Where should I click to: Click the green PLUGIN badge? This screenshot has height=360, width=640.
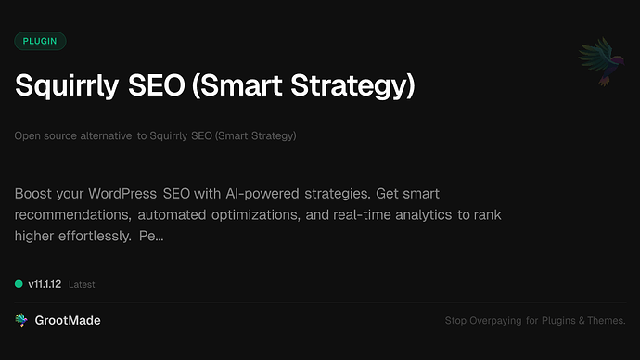pos(41,41)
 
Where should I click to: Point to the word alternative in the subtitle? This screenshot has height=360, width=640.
pos(103,136)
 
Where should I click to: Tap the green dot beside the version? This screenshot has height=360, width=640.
pos(19,283)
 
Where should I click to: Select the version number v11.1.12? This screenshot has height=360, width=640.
pos(45,283)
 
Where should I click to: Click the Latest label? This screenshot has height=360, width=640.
pos(82,284)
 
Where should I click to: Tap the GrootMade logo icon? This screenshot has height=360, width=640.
pos(20,320)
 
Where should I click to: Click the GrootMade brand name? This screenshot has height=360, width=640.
pos(67,320)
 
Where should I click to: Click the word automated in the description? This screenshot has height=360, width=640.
pos(184,215)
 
